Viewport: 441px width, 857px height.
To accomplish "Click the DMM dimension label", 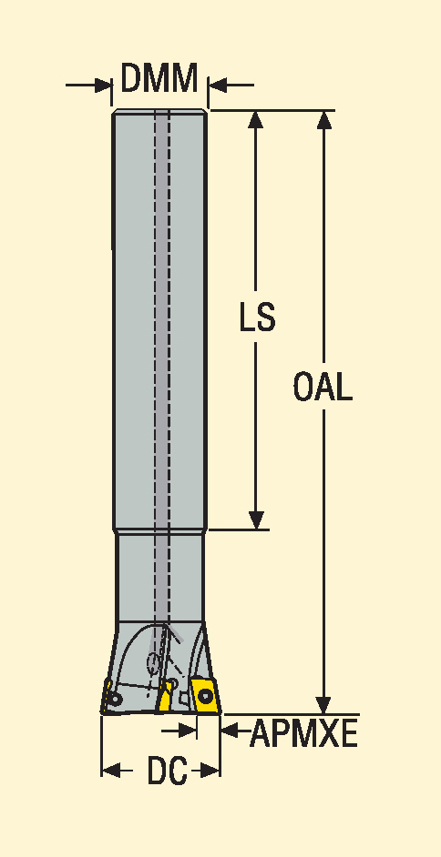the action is pyautogui.click(x=159, y=78).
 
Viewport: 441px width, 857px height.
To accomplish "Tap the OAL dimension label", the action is pyautogui.click(x=323, y=387).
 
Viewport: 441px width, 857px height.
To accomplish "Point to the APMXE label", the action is pyautogui.click(x=303, y=733).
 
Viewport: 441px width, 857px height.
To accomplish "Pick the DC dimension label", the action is pyautogui.click(x=168, y=771).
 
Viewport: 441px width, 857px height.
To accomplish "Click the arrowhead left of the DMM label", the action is pyautogui.click(x=103, y=86).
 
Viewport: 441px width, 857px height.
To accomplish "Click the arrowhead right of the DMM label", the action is pyautogui.click(x=218, y=86).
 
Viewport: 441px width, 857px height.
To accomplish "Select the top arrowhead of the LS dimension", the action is pyautogui.click(x=256, y=120).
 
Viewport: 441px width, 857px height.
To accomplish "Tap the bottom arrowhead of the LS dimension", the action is pyautogui.click(x=256, y=519).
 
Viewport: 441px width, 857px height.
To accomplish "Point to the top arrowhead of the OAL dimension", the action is pyautogui.click(x=324, y=120).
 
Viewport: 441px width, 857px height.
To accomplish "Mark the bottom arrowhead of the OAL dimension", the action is pyautogui.click(x=324, y=705).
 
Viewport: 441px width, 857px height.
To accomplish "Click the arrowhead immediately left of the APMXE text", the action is pyautogui.click(x=230, y=730).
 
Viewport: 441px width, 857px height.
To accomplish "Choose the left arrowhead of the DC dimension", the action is pyautogui.click(x=111, y=771).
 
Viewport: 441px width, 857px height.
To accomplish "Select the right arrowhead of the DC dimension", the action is pyautogui.click(x=211, y=771).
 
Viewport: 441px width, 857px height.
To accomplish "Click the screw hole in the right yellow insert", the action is pyautogui.click(x=206, y=696).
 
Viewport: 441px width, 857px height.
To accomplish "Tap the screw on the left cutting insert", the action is pyautogui.click(x=116, y=699).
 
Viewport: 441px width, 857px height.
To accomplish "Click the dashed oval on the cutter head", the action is pyautogui.click(x=155, y=663).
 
